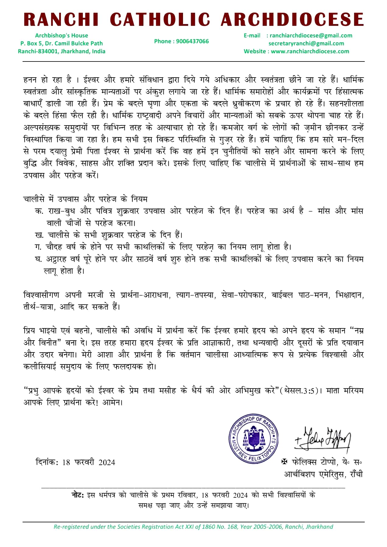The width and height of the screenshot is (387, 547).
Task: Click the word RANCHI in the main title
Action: pyautogui.click(x=61, y=19)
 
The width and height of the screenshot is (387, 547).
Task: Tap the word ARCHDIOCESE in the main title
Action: pyautogui.click(x=292, y=19)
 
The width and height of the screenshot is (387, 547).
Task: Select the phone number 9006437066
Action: pyautogui.click(x=192, y=41)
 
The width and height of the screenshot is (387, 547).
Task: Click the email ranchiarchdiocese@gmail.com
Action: pyautogui.click(x=311, y=35)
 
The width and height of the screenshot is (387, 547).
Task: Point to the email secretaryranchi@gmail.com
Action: pyautogui.click(x=306, y=43)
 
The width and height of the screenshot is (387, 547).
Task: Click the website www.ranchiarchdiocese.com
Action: pyautogui.click(x=310, y=51)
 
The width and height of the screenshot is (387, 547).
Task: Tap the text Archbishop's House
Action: pyautogui.click(x=62, y=35)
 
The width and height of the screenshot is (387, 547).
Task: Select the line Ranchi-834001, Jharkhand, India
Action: pyautogui.click(x=62, y=51)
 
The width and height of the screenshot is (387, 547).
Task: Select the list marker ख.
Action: pyautogui.click(x=39, y=235)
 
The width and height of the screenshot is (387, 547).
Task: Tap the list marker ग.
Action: pyautogui.click(x=38, y=247)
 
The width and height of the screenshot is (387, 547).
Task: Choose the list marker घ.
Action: pyautogui.click(x=38, y=259)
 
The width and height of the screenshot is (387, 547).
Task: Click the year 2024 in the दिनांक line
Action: pyautogui.click(x=107, y=462)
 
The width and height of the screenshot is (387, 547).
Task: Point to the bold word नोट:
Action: pyautogui.click(x=78, y=495)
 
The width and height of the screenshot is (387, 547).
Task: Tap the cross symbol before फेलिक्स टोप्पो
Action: pyautogui.click(x=284, y=462)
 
